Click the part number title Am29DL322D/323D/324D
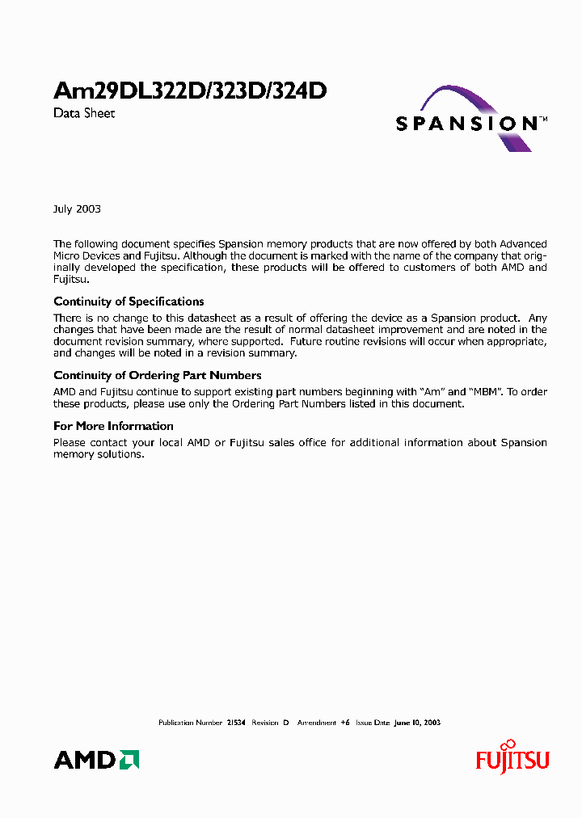pyautogui.click(x=190, y=91)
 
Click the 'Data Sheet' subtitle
pyautogui.click(x=84, y=113)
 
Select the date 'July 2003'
pyautogui.click(x=77, y=209)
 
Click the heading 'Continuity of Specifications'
pyautogui.click(x=129, y=301)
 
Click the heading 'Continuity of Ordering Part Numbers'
pyautogui.click(x=157, y=375)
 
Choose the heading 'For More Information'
pyautogui.click(x=113, y=426)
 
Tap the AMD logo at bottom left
pyautogui.click(x=96, y=760)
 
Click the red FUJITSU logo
pyautogui.click(x=512, y=758)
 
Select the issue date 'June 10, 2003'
pyautogui.click(x=417, y=723)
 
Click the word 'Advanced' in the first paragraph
pyautogui.click(x=523, y=244)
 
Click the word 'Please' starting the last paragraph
pyautogui.click(x=70, y=443)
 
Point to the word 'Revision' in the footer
pyautogui.click(x=265, y=723)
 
